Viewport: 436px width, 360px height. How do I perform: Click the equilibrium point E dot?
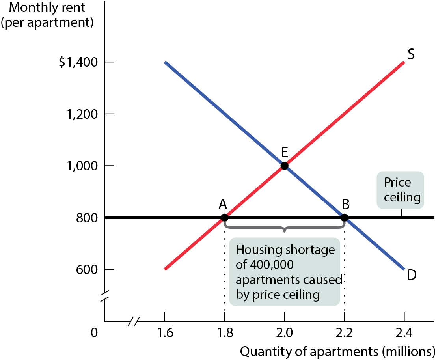pos(285,166)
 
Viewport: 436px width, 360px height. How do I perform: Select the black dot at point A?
pos(224,218)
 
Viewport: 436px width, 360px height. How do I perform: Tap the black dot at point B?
pos(344,218)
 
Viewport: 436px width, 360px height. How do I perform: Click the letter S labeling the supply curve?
pos(411,54)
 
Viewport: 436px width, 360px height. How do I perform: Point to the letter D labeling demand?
pos(412,275)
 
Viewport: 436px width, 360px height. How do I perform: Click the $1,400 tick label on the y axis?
pos(78,62)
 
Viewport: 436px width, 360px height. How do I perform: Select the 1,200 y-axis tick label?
pos(82,114)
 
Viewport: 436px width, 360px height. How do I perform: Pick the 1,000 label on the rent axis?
pos(82,166)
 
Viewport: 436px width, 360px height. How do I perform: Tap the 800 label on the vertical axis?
pos(87,218)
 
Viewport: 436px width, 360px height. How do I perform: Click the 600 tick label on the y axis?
pos(87,270)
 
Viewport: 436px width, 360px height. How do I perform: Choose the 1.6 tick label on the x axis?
pos(165,333)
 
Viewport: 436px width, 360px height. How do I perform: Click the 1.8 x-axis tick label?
pos(225,333)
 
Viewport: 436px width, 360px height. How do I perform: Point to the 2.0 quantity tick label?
pos(285,333)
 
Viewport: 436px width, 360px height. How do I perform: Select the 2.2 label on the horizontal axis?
pos(344,333)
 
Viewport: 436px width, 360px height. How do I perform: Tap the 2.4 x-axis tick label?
pos(404,333)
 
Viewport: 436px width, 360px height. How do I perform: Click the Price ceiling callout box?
pos(401,190)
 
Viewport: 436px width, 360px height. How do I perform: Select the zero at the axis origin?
pos(95,333)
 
